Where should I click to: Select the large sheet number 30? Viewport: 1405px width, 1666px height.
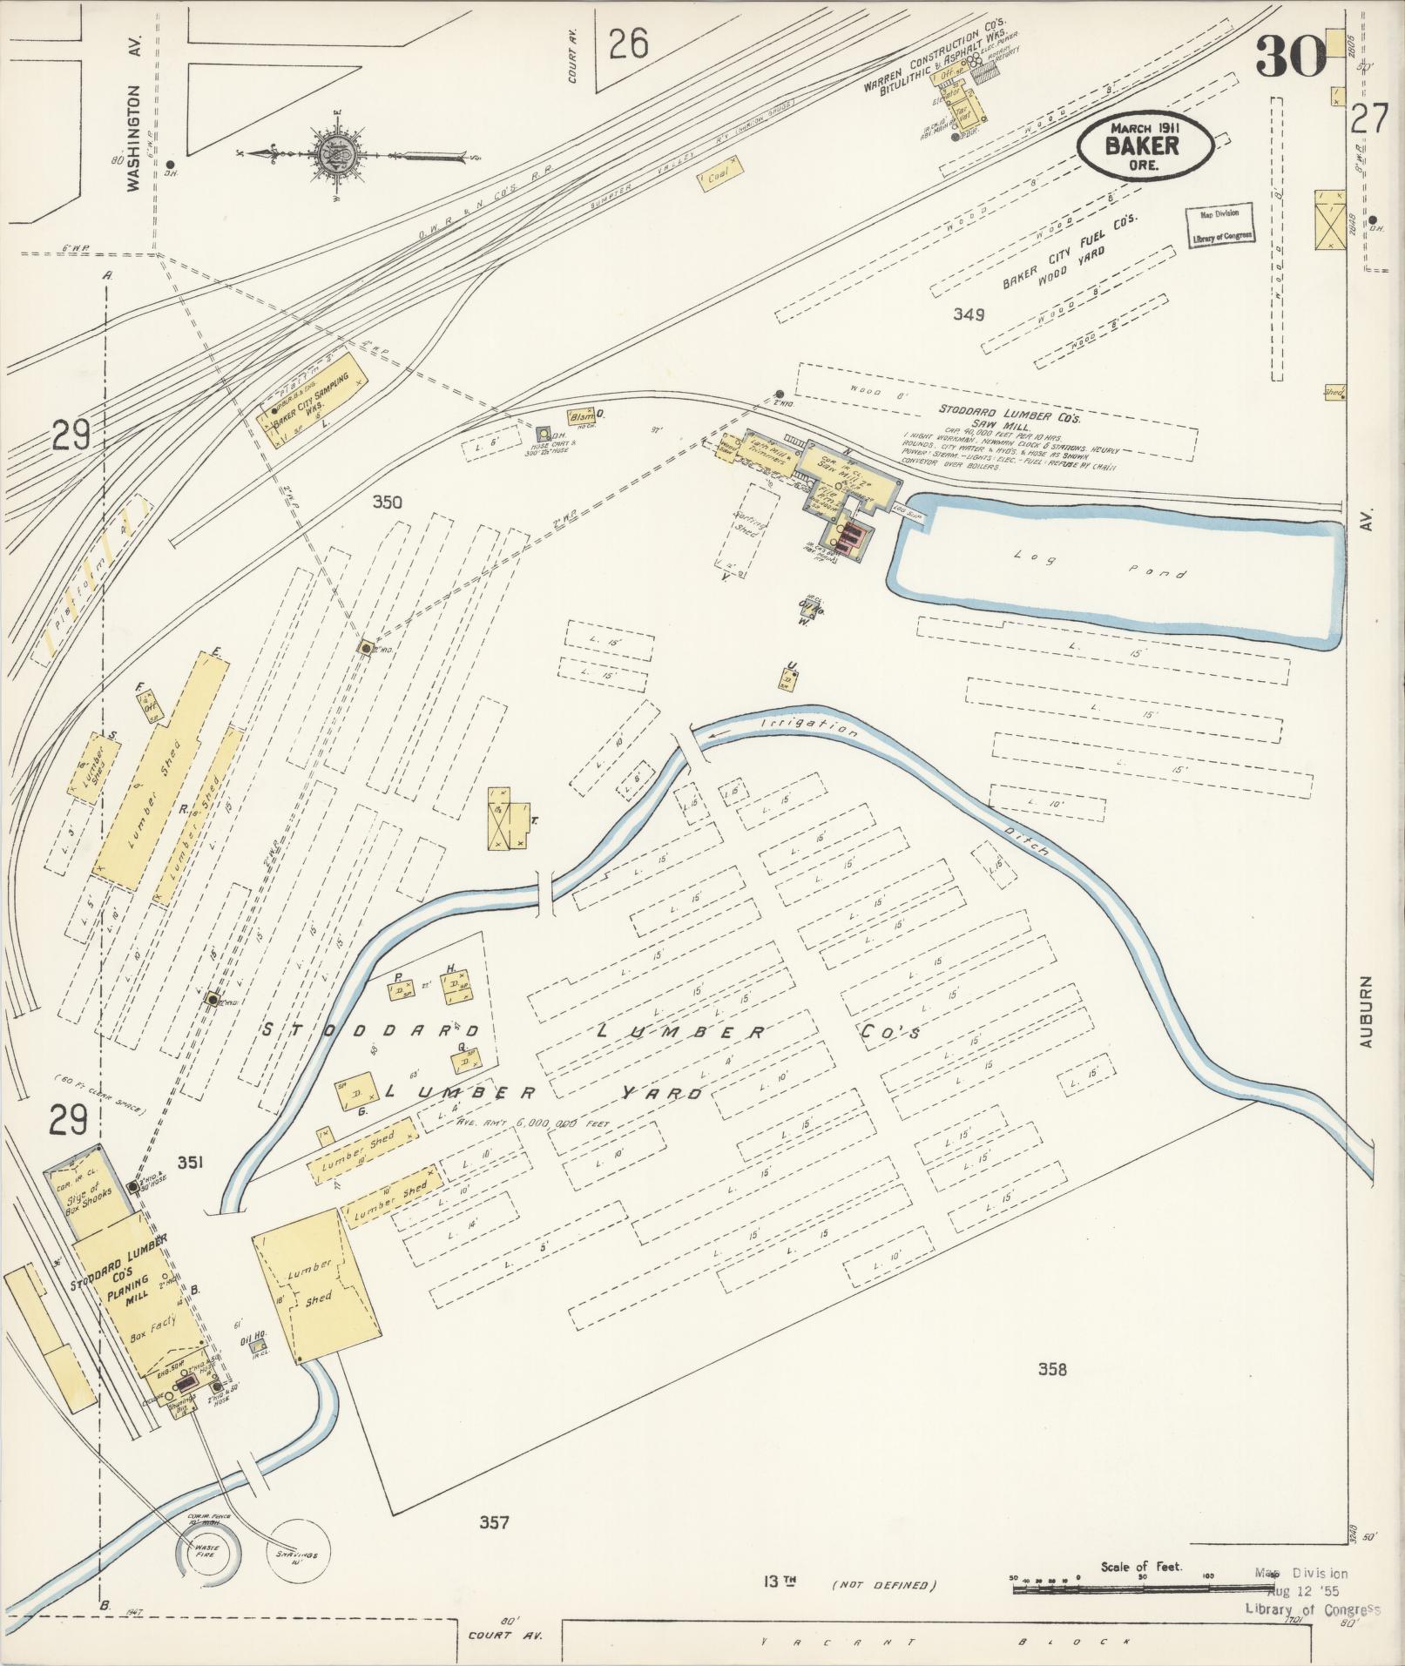(1290, 57)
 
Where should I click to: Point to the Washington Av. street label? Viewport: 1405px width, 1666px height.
(133, 138)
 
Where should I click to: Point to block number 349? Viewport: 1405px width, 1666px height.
(968, 314)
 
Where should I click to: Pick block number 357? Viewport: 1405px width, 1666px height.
(493, 1523)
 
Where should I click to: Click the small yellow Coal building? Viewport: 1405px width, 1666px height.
(719, 178)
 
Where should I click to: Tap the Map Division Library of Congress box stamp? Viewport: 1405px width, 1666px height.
(1219, 225)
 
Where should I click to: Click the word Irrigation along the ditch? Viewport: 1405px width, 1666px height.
(808, 728)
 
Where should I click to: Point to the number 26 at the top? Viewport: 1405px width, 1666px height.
(628, 43)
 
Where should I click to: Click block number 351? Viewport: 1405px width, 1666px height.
(191, 1162)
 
